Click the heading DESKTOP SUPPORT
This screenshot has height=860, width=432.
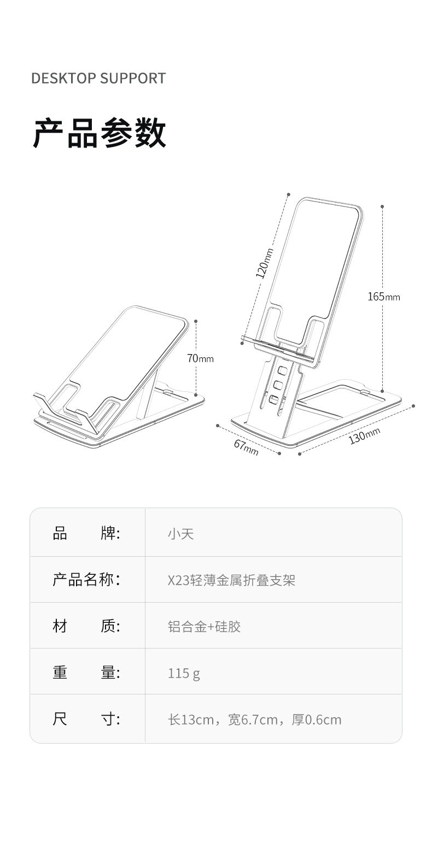point(98,78)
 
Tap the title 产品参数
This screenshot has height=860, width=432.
point(100,133)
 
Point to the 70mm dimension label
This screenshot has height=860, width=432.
point(200,358)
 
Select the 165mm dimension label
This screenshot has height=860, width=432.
point(383,297)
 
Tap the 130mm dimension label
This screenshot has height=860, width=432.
point(364,436)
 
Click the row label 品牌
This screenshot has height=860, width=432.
point(86,533)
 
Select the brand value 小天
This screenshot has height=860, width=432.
point(180,533)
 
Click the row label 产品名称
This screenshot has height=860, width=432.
point(86,579)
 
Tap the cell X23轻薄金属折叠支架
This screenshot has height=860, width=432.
point(231,580)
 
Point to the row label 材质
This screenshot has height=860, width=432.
point(86,626)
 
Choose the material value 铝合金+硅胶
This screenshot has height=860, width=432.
point(204,626)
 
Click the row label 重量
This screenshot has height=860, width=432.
point(86,672)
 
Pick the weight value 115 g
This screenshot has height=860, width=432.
point(184,673)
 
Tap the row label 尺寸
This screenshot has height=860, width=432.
point(86,718)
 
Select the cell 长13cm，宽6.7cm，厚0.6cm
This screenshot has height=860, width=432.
point(254,719)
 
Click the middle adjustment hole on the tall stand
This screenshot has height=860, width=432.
point(278,385)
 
